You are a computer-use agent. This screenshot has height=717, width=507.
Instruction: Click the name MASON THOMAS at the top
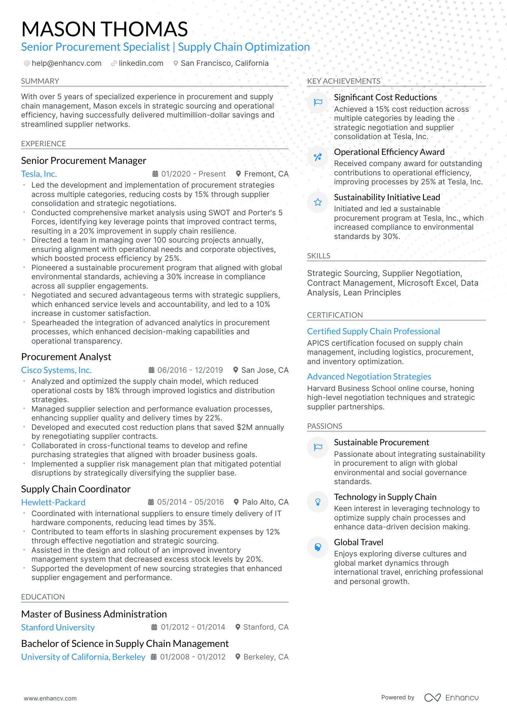coord(104,29)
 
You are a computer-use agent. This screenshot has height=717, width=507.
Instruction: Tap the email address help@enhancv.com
coord(67,63)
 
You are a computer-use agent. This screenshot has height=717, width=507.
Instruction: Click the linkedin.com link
coord(141,63)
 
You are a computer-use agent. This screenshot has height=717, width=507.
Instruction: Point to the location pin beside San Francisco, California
coord(175,63)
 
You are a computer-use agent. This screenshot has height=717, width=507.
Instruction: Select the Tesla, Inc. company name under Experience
coord(39,174)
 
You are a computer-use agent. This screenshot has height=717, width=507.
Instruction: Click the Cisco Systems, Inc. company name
coord(56,370)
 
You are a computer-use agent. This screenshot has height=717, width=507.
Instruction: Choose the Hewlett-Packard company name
coord(53,502)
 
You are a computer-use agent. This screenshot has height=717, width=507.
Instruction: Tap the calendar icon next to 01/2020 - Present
coord(155,174)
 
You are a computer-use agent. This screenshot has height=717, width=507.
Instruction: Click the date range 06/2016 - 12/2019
coord(190,370)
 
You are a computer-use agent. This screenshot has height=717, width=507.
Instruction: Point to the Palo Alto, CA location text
coord(265,502)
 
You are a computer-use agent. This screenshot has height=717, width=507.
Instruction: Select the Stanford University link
coord(58,628)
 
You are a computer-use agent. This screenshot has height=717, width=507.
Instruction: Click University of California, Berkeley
coord(83,657)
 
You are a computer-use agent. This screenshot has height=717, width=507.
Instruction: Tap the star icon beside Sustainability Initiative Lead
coord(318,202)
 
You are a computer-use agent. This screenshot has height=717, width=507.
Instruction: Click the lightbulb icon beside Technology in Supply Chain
coord(318,502)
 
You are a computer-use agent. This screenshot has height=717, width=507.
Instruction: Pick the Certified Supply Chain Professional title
coord(373,331)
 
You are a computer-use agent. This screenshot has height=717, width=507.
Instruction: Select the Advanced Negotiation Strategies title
coord(369,377)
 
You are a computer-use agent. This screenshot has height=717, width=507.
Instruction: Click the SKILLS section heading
coord(319,256)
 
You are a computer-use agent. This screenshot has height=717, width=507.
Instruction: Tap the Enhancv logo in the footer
coord(451,698)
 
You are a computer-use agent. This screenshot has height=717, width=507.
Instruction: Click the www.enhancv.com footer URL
coord(50,698)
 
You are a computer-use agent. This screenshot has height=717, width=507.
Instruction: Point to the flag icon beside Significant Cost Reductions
coord(318,102)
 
